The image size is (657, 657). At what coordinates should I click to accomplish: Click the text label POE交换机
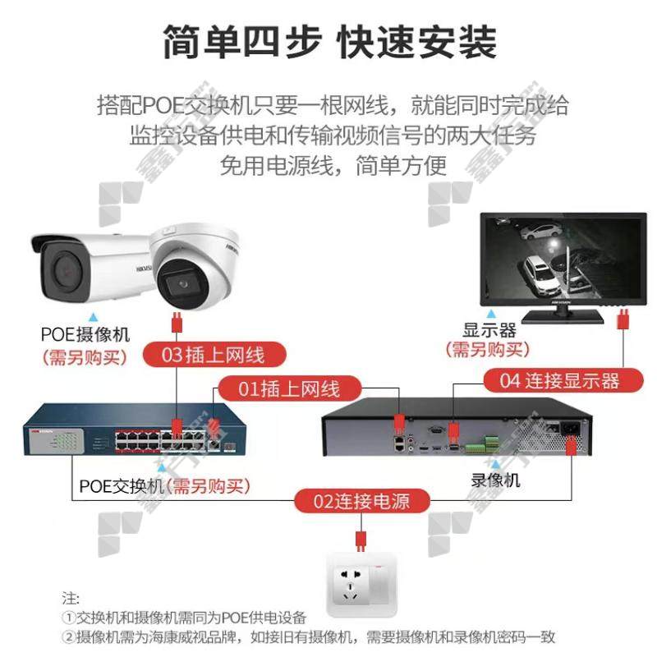point(122,485)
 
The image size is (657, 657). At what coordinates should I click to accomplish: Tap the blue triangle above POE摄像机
point(94,315)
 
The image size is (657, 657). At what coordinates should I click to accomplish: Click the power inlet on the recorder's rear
point(568,428)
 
